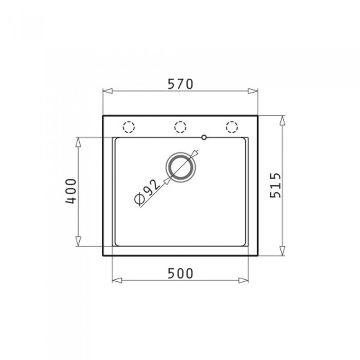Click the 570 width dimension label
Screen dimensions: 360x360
tap(181, 84)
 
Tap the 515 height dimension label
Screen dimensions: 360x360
tap(276, 186)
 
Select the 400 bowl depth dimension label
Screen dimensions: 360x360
tap(71, 191)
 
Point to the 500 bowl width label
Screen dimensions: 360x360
tap(181, 274)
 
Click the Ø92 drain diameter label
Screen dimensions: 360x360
tap(147, 192)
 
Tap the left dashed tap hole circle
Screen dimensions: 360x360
tap(129, 127)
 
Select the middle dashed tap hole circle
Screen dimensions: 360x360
tap(180, 127)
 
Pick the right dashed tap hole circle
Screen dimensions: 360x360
tap(231, 127)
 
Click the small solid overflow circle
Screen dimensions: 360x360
tap(204, 137)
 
